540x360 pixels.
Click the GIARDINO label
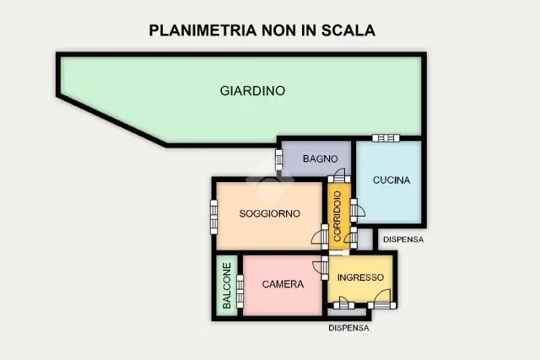(252, 91)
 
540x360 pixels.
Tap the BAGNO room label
(320, 159)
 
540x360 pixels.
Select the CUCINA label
(391, 180)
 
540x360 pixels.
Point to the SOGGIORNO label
(270, 214)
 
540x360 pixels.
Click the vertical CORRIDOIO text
(337, 216)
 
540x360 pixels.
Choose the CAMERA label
(283, 284)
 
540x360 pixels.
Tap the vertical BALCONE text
(227, 286)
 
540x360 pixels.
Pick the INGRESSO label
(360, 277)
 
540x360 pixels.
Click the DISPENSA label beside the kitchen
(403, 239)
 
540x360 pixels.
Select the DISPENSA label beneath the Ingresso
(348, 328)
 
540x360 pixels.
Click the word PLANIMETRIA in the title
(202, 30)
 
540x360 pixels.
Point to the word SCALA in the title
(348, 30)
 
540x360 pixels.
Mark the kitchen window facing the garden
(386, 138)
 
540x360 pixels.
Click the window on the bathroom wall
(278, 159)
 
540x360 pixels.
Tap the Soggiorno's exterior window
(213, 218)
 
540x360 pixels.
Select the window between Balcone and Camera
(240, 291)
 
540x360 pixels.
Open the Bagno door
(339, 176)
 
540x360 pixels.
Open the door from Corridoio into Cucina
(357, 210)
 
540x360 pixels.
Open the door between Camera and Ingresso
(321, 268)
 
